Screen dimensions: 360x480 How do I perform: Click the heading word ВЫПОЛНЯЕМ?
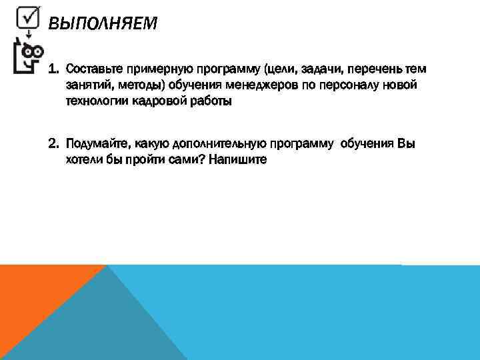[103, 24]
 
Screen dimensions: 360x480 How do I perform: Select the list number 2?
[54, 144]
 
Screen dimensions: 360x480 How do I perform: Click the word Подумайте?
[97, 144]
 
